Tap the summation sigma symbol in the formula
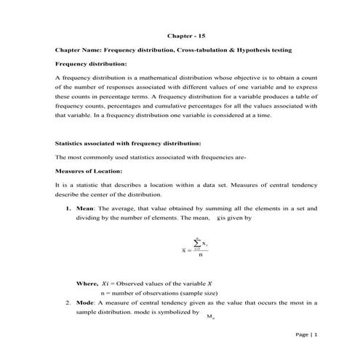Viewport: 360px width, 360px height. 196,241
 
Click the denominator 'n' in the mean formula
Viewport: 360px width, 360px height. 200,255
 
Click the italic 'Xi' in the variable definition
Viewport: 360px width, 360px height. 105,282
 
